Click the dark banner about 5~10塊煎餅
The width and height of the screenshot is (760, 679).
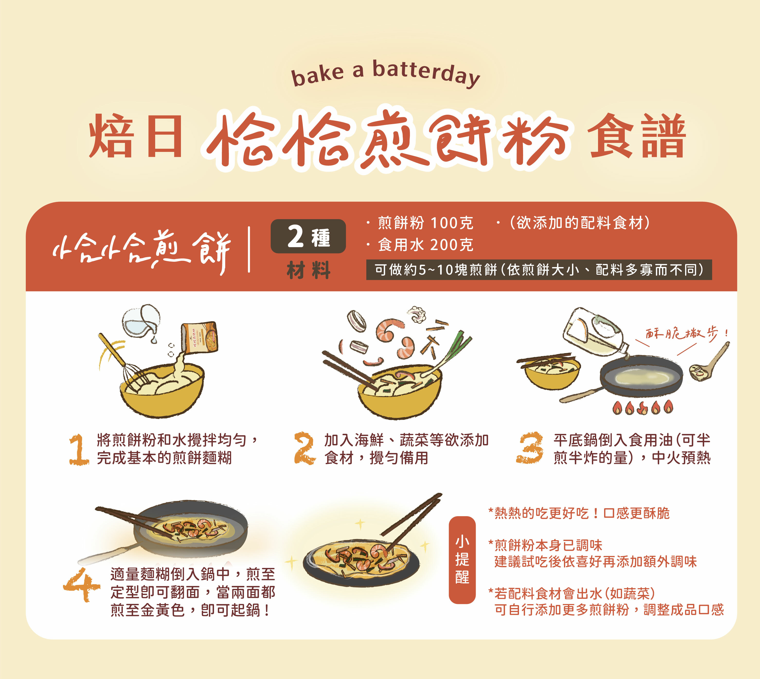click(539, 269)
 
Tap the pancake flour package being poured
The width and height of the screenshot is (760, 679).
click(200, 338)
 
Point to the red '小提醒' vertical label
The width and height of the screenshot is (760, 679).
click(462, 560)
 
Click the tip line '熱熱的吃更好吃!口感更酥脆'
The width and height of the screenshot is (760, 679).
click(579, 513)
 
